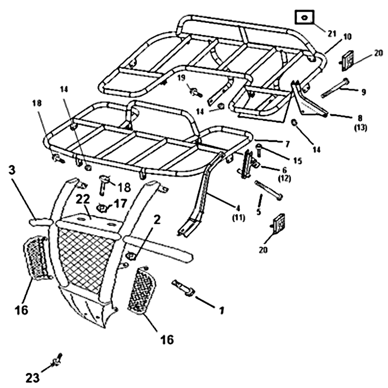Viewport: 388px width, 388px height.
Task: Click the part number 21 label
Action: tap(331, 33)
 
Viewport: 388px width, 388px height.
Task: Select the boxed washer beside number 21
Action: tap(304, 18)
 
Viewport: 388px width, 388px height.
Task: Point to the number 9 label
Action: tap(363, 91)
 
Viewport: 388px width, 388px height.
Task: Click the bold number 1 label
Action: tap(222, 309)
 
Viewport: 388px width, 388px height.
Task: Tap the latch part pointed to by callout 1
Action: tap(183, 288)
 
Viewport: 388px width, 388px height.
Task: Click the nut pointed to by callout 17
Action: tap(103, 208)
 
